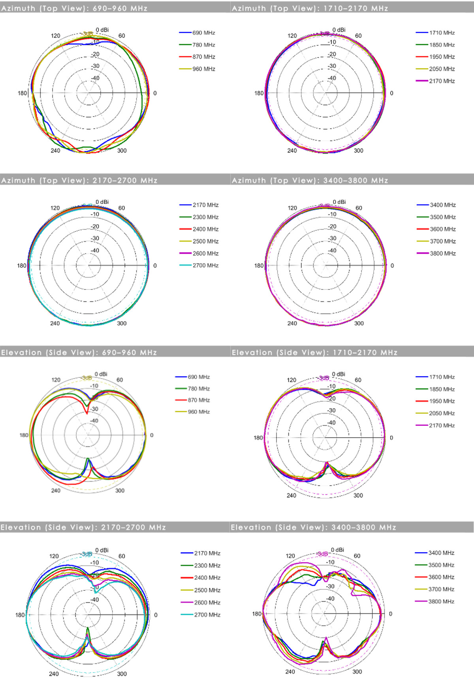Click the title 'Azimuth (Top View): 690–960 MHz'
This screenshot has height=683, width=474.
pyautogui.click(x=74, y=8)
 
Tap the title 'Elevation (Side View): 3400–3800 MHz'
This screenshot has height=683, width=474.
pyautogui.click(x=313, y=527)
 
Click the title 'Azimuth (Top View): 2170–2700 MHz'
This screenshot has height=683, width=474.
pyautogui.click(x=79, y=180)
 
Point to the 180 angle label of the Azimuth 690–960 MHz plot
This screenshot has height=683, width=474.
pyautogui.click(x=22, y=93)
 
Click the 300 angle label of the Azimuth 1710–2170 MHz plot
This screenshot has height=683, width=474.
pyautogui.click(x=358, y=151)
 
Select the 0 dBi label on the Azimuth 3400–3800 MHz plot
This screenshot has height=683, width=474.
pyautogui.click(x=339, y=202)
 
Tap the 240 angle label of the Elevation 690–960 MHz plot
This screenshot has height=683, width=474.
pyautogui.click(x=56, y=491)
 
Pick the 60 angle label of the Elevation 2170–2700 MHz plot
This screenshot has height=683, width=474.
pyautogui.click(x=122, y=556)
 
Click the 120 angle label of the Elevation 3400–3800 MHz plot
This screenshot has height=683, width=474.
pyautogui.click(x=290, y=556)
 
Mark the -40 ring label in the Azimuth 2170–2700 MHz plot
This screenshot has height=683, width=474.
pyautogui.click(x=95, y=250)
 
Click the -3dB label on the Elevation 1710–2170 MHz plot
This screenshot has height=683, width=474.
pyautogui.click(x=324, y=378)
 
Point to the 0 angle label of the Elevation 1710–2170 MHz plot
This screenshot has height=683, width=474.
pyautogui.click(x=391, y=438)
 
